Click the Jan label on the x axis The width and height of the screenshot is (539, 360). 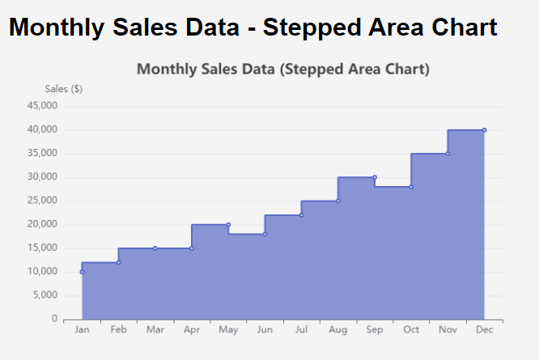[x=82, y=330]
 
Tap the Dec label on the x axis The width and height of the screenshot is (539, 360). [x=484, y=330]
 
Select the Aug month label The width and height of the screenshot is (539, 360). [x=337, y=330]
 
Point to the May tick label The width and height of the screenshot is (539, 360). [x=228, y=330]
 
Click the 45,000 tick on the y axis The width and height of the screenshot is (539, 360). [x=42, y=106]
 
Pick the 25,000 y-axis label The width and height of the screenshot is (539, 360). [x=42, y=201]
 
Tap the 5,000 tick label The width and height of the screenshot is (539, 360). [x=45, y=295]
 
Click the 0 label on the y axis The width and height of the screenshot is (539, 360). [x=53, y=319]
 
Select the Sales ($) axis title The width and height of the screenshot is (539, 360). [x=63, y=89]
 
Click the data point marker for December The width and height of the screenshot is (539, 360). [x=484, y=129]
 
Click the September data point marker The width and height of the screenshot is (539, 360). [x=375, y=177]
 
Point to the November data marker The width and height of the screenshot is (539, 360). [x=448, y=154]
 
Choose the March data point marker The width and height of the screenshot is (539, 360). [x=155, y=248]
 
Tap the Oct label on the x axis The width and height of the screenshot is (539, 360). [x=411, y=330]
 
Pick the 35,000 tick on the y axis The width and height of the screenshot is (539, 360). [x=42, y=154]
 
